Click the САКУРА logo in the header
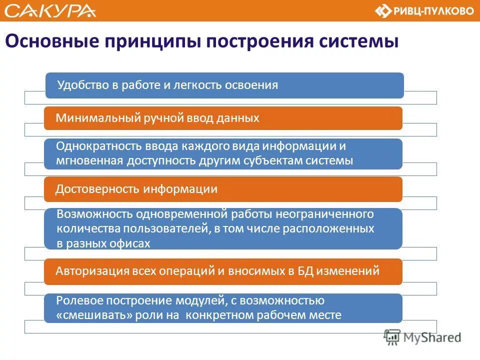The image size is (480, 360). [x=50, y=10]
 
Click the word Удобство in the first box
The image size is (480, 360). [x=82, y=85]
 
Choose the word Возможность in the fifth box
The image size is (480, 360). [x=87, y=214]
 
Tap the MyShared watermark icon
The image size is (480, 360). [x=392, y=336]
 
